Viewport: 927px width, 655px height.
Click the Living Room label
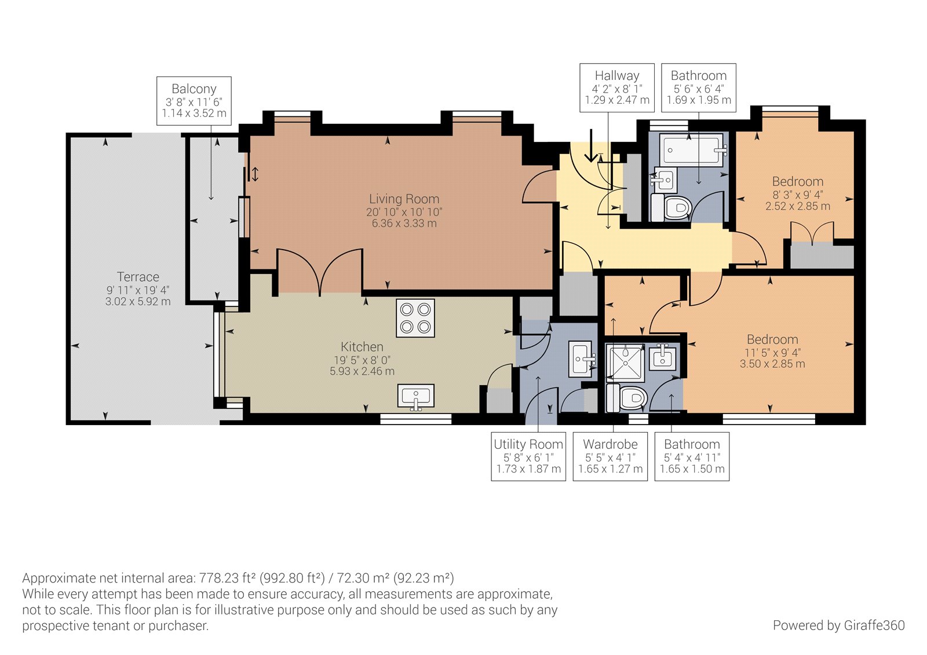[404, 199]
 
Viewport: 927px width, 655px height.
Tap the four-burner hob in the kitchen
[415, 318]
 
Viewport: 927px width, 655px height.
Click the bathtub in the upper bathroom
[695, 149]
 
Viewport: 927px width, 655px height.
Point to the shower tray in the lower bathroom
[625, 363]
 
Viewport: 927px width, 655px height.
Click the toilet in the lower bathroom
[626, 398]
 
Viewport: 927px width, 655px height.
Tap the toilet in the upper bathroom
[671, 207]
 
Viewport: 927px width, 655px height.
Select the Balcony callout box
[194, 101]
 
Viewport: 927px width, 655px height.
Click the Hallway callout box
[616, 87]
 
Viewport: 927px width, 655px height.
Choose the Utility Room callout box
[528, 456]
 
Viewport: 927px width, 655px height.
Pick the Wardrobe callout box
[610, 456]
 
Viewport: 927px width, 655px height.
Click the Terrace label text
[138, 276]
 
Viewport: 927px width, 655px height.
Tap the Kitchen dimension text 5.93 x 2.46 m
[362, 371]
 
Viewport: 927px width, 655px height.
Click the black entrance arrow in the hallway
[591, 145]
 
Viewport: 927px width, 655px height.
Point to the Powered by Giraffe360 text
[838, 625]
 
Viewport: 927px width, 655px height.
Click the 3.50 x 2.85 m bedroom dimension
[772, 364]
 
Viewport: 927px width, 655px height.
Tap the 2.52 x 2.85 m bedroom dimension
[797, 206]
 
